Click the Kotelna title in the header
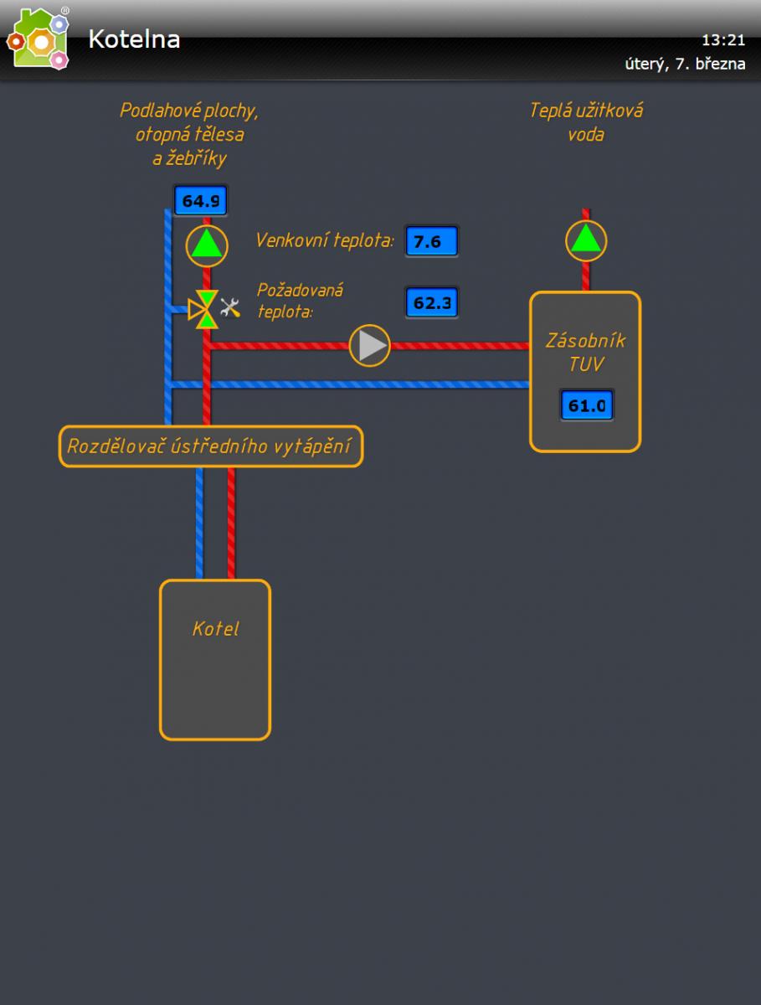click(x=134, y=39)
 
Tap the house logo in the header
click(x=39, y=39)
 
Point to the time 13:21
click(x=722, y=40)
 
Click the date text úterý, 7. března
click(x=685, y=64)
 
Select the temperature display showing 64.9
click(x=200, y=201)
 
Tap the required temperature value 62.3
click(x=432, y=302)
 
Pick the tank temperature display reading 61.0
click(x=587, y=406)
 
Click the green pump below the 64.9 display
click(x=206, y=245)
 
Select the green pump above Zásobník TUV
click(x=586, y=240)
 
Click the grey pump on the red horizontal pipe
click(x=370, y=345)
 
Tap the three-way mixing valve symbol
click(x=204, y=309)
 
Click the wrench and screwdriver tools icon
click(x=230, y=308)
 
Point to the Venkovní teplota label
click(x=325, y=241)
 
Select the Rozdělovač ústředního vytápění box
click(x=211, y=446)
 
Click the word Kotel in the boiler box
click(x=215, y=629)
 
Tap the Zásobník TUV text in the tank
click(x=585, y=353)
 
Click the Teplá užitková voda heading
click(x=586, y=122)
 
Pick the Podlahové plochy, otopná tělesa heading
click(x=189, y=134)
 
